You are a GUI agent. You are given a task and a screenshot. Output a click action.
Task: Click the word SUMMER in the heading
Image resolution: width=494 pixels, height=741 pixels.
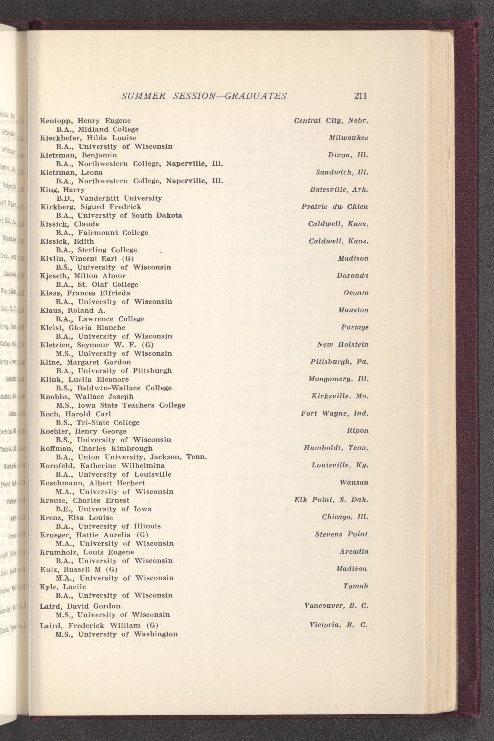[143, 96]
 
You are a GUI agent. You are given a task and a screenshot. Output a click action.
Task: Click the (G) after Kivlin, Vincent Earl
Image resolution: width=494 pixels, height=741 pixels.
[128, 259]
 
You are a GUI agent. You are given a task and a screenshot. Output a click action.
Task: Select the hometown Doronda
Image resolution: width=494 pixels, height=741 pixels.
[353, 275]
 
